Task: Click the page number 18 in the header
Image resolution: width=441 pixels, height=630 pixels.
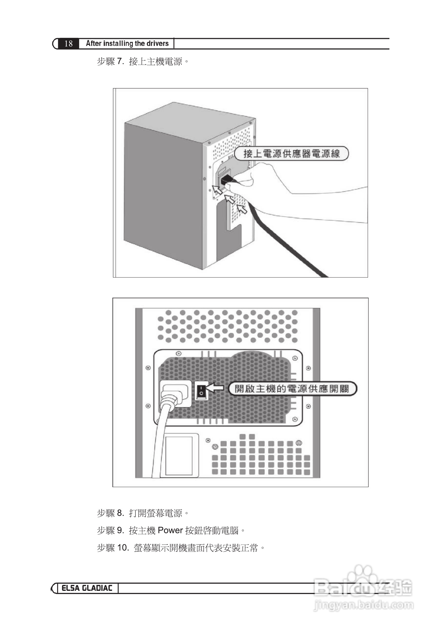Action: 68,44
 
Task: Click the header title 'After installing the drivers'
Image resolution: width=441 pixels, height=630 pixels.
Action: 127,43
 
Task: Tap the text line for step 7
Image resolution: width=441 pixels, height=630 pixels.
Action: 143,61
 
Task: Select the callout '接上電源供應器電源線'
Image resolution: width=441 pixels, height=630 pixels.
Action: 292,154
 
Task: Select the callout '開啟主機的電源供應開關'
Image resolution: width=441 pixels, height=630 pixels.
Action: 292,388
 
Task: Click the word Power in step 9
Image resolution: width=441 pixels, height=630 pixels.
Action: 170,530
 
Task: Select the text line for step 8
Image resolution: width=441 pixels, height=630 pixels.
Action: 143,513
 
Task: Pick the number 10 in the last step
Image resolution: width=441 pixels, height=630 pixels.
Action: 123,548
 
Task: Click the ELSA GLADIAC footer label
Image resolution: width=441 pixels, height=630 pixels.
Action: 87,588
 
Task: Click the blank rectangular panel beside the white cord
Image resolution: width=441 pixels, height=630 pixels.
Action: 179,456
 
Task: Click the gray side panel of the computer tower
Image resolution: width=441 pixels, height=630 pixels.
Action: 163,189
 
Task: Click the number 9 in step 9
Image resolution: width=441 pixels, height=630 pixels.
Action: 120,530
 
